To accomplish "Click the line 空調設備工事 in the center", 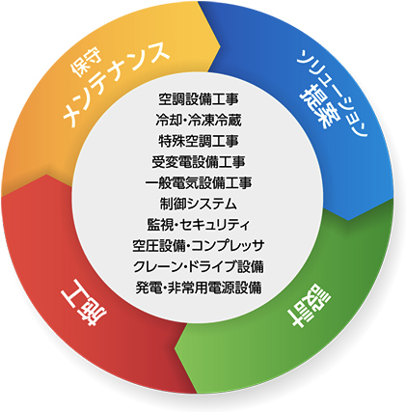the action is [x=199, y=99].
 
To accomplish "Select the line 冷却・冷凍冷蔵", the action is [x=199, y=120].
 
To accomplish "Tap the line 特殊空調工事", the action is [x=199, y=141].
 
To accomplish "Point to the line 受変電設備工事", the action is [x=199, y=162].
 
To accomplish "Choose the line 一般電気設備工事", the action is [x=199, y=182].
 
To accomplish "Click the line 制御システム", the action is [x=199, y=204].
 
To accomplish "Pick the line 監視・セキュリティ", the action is [x=199, y=225].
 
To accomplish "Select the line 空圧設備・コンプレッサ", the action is [x=199, y=245].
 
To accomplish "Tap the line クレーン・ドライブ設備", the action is [x=199, y=266].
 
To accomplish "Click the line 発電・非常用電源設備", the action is [x=199, y=288].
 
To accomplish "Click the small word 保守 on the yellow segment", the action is [x=86, y=64].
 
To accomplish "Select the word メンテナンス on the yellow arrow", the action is [x=116, y=84].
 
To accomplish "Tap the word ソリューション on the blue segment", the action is [x=335, y=94].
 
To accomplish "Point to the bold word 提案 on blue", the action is [x=316, y=105].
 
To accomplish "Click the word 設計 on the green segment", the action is [x=308, y=305].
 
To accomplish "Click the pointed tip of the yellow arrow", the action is [x=221, y=47].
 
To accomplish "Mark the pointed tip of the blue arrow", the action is [x=349, y=220].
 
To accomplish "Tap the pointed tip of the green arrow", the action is [x=176, y=347].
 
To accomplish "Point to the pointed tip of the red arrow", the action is [x=47, y=175].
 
